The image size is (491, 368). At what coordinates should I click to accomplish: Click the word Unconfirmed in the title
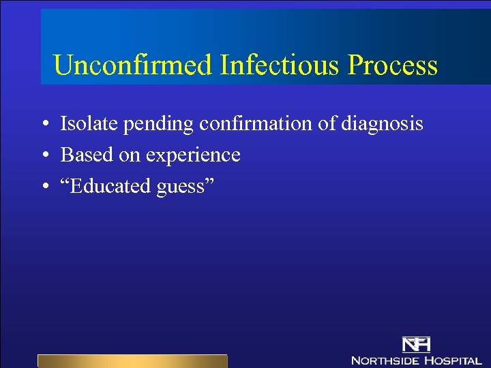[134, 65]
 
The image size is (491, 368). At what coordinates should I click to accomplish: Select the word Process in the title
[393, 65]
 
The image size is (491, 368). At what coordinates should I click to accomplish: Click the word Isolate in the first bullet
[89, 124]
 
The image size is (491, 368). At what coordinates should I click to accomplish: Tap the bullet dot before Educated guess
[43, 187]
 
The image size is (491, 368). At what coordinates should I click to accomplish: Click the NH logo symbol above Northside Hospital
[416, 344]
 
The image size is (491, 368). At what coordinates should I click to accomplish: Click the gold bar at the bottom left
[132, 361]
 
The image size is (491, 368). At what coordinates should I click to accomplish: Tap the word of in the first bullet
[328, 124]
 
